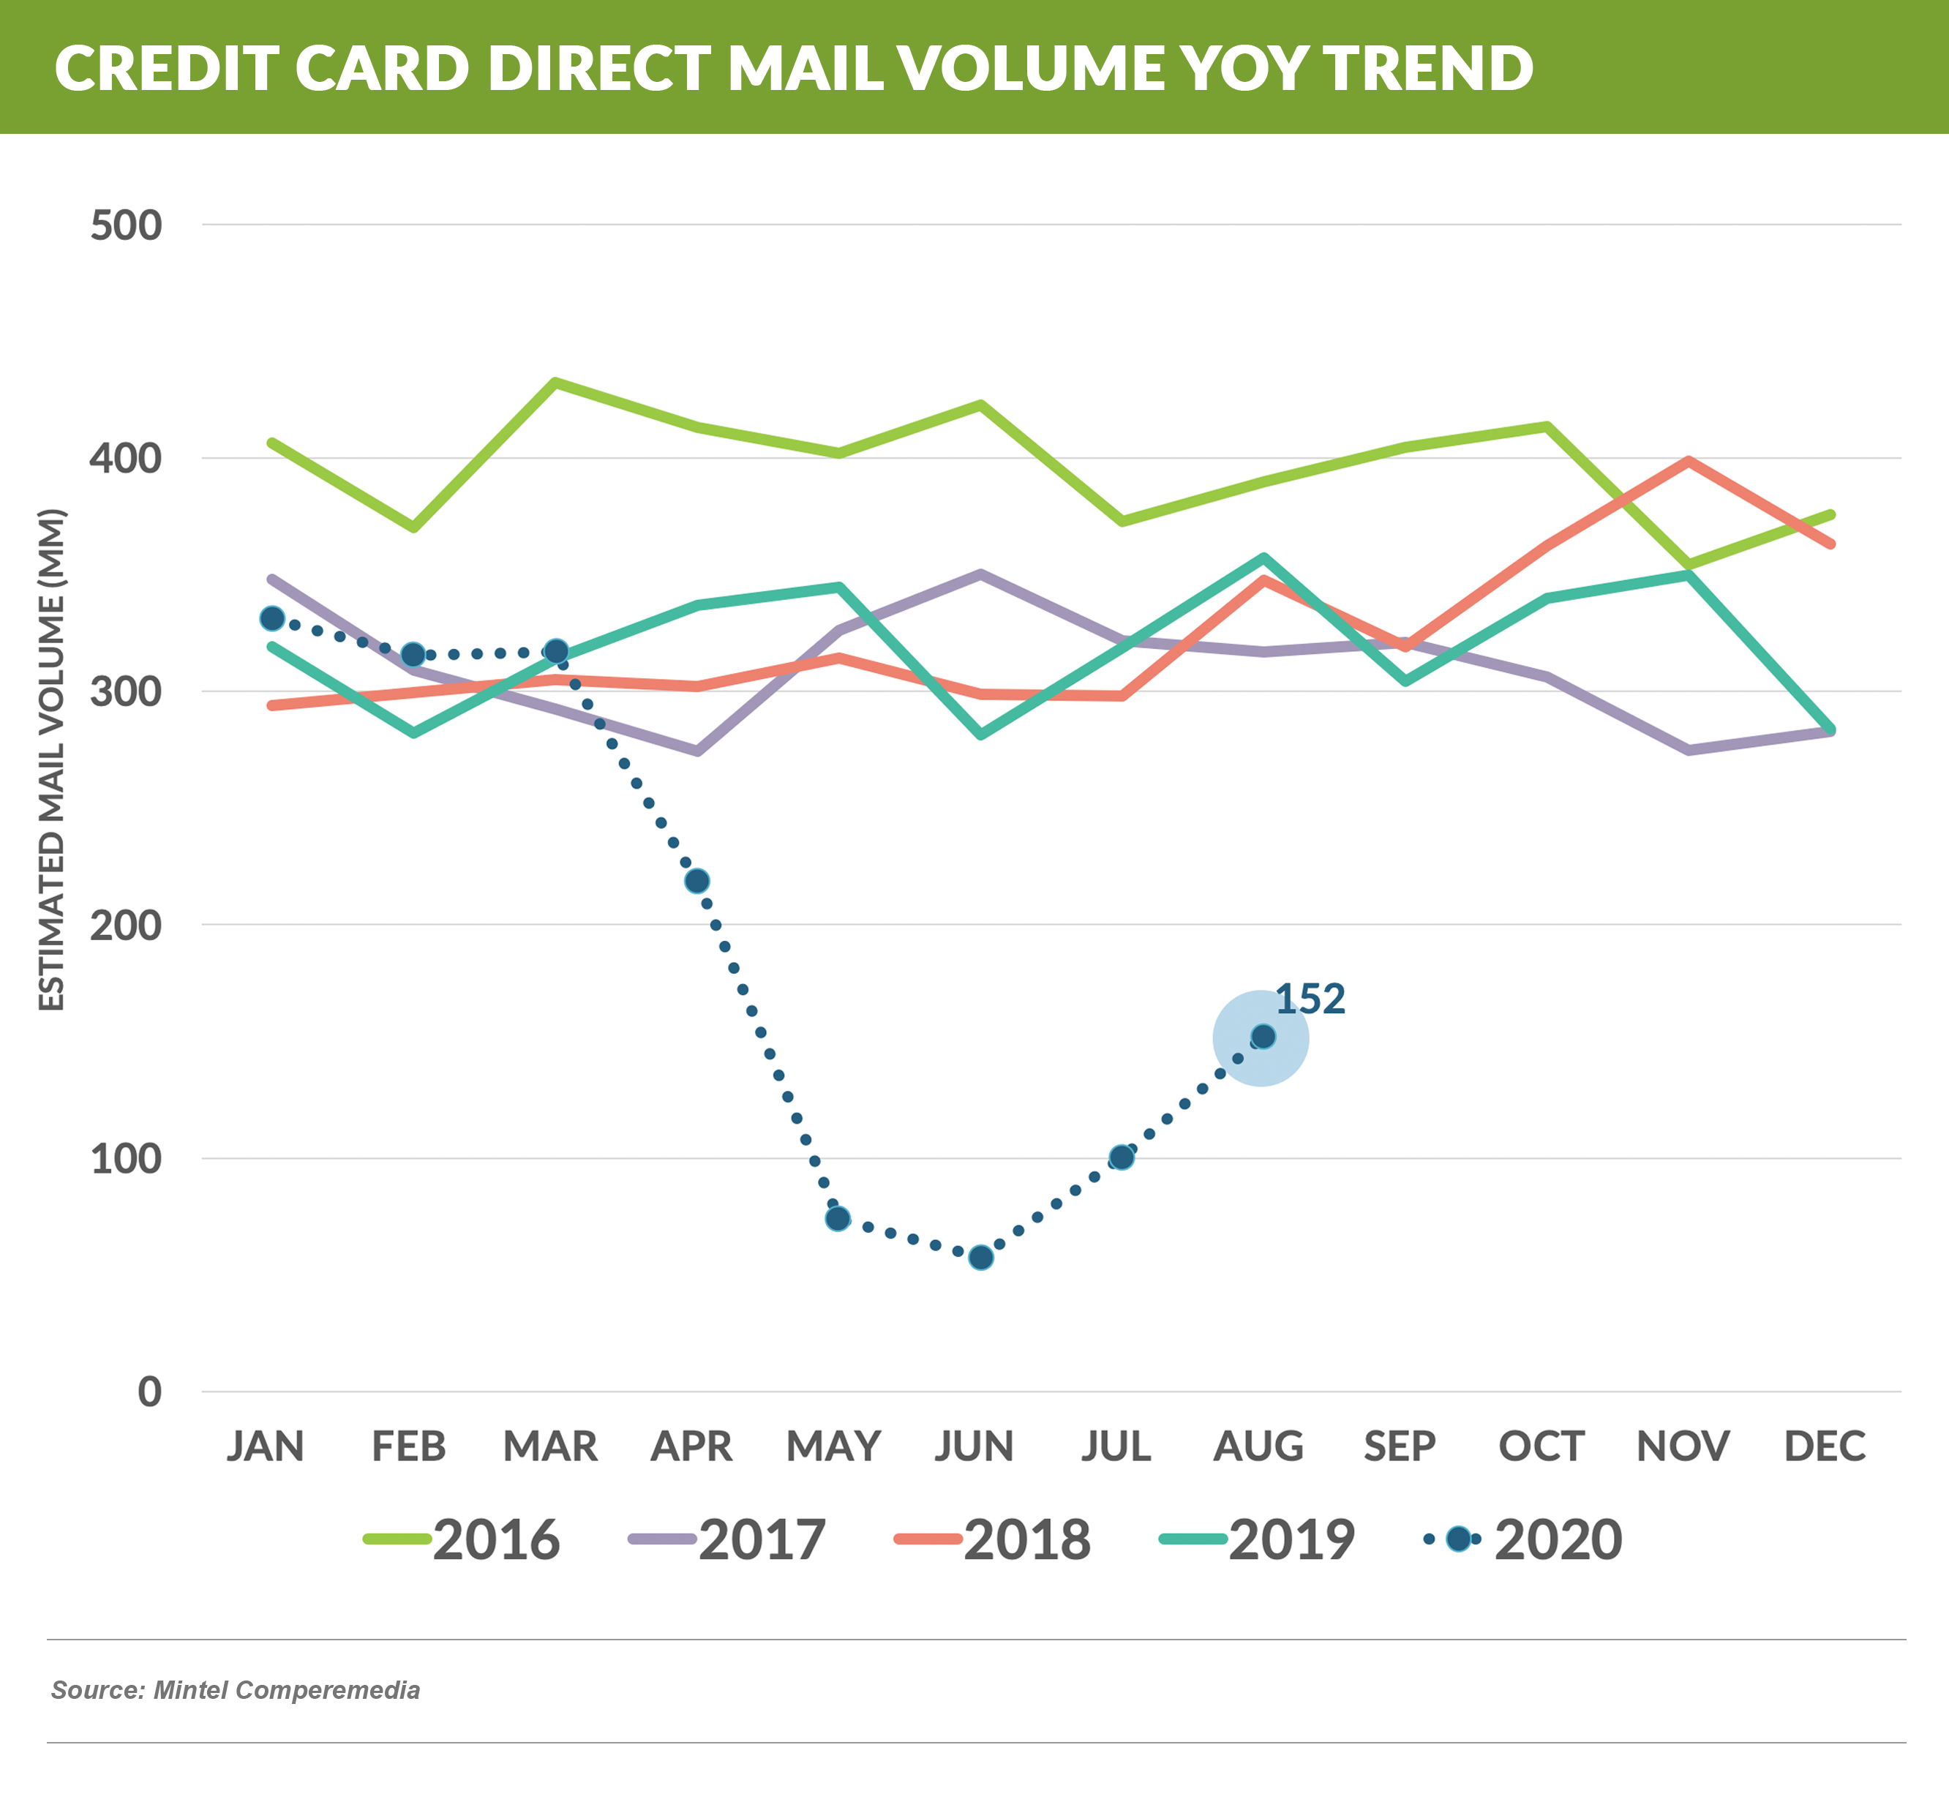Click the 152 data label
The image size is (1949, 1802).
[1310, 999]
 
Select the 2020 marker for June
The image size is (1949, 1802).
[981, 1257]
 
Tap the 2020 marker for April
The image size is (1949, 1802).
[697, 882]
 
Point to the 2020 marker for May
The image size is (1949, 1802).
[838, 1219]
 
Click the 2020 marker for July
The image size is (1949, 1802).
[1122, 1157]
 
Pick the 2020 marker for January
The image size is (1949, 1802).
[272, 618]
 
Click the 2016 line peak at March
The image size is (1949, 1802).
[555, 382]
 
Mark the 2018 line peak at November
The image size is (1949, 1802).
[1688, 461]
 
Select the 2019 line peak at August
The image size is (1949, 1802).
[1263, 558]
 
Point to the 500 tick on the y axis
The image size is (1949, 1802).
[126, 225]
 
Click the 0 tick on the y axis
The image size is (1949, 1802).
[149, 1391]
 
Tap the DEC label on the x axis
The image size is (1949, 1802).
[1824, 1445]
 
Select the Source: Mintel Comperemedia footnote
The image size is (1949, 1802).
[235, 1690]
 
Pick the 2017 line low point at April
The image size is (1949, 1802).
[697, 751]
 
